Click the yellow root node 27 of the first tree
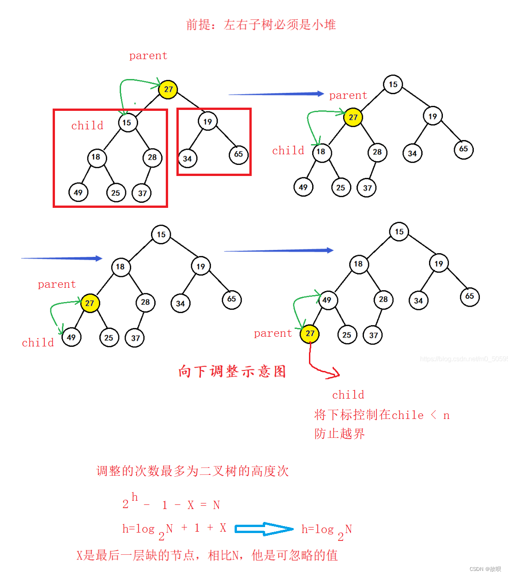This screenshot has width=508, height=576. click(x=168, y=89)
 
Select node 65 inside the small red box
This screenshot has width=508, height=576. click(x=238, y=154)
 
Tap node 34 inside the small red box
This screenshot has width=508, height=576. click(x=187, y=158)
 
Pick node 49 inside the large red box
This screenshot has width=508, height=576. click(x=78, y=192)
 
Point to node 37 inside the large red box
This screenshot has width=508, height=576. click(x=142, y=193)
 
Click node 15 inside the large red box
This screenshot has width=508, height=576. click(x=127, y=123)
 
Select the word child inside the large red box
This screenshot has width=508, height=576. click(x=87, y=126)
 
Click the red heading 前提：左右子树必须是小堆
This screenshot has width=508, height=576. click(x=261, y=24)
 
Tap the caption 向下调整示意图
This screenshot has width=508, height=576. click(x=232, y=371)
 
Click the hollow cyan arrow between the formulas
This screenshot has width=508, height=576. click(x=264, y=529)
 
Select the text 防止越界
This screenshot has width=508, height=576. click(x=339, y=434)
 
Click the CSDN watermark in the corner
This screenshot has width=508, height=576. click(x=485, y=569)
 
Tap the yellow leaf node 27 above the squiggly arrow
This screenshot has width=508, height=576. click(x=310, y=333)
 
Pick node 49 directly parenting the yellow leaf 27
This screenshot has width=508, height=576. click(x=327, y=300)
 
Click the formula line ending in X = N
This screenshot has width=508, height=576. click(x=171, y=504)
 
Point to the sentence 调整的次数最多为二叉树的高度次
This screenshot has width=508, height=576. click(x=193, y=471)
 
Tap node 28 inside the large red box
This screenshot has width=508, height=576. click(x=152, y=158)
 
